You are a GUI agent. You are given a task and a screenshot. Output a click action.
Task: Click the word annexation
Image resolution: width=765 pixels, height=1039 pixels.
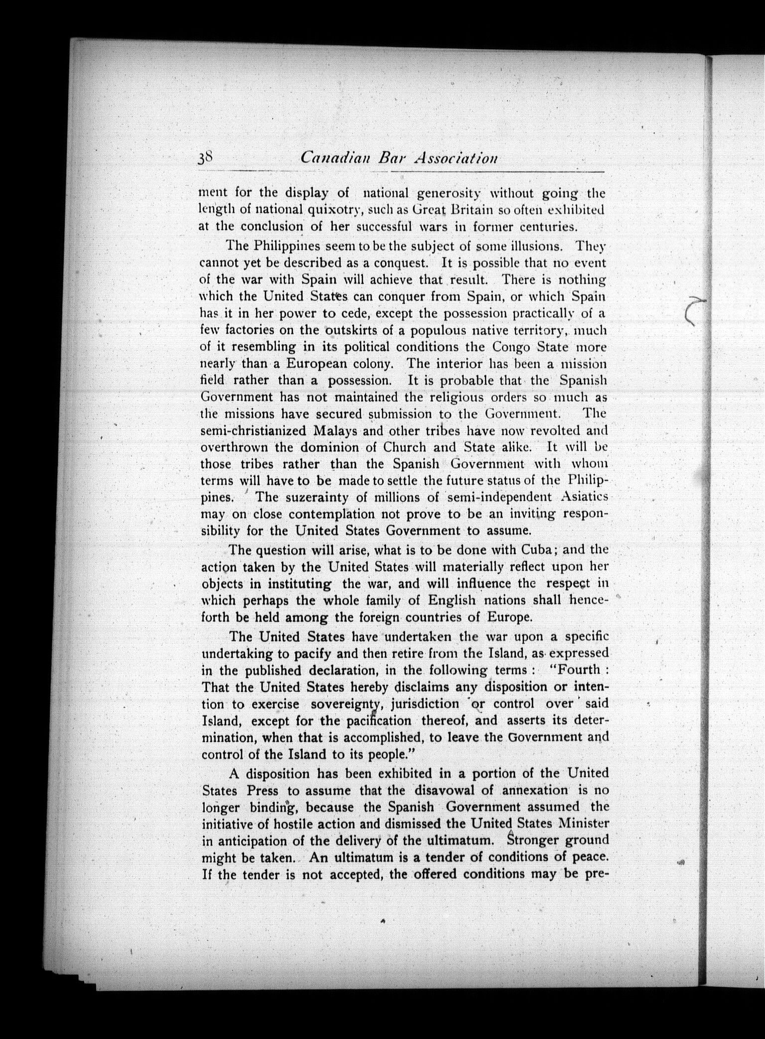pos(534,790)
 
